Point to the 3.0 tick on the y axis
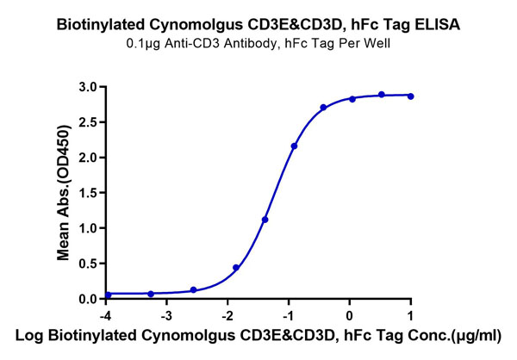click(86, 87)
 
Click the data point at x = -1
click(295, 146)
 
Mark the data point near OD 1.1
click(265, 220)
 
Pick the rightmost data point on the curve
click(411, 96)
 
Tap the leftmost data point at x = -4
click(108, 295)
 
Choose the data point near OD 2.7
click(323, 108)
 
